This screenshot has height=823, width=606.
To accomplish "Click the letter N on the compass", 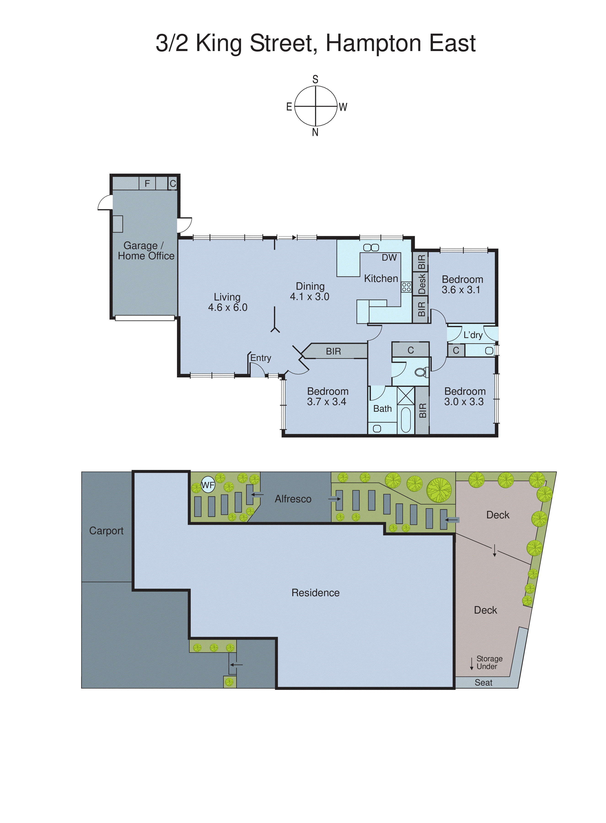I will click(315, 133).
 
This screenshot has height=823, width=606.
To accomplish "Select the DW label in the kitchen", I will click(389, 258).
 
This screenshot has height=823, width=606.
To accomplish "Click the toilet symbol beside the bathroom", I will click(421, 373).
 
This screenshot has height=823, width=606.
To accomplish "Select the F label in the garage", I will click(147, 184).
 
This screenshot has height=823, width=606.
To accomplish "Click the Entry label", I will click(261, 358).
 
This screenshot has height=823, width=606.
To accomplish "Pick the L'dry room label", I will click(473, 335).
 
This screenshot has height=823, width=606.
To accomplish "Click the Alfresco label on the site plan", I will click(293, 499).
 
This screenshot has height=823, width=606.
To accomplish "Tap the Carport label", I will click(106, 531).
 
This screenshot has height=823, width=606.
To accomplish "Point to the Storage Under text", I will click(489, 663).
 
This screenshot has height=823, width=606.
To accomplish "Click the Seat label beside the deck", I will click(483, 683).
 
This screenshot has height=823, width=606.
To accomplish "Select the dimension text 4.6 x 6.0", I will click(228, 308).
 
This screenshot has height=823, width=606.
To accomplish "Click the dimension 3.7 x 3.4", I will click(327, 402).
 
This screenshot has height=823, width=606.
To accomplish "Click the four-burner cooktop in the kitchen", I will click(406, 287).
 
